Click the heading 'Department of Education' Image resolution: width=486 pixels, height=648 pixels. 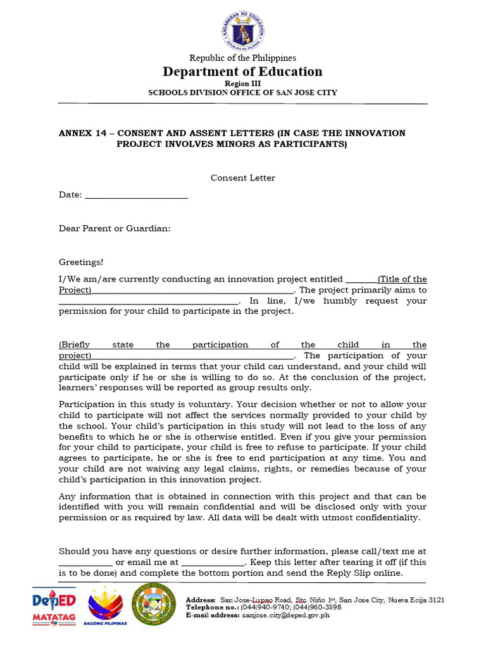click(243, 72)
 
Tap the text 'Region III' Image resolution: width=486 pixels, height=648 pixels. click(243, 84)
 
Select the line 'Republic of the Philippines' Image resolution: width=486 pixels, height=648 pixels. click(243, 58)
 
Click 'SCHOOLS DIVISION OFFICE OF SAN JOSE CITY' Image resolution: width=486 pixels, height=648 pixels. click(243, 93)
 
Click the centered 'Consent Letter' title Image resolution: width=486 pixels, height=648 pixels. click(243, 178)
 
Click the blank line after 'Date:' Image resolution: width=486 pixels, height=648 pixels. click(136, 196)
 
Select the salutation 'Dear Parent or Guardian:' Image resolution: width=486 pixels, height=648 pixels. click(115, 228)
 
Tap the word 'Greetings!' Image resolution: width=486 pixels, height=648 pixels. click(81, 262)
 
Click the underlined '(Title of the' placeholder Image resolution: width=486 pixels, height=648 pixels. click(402, 279)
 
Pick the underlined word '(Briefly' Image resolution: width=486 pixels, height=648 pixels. click(75, 345)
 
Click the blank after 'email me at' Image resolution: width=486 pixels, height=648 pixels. click(213, 563)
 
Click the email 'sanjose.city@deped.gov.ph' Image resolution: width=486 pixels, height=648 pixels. click(295, 614)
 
